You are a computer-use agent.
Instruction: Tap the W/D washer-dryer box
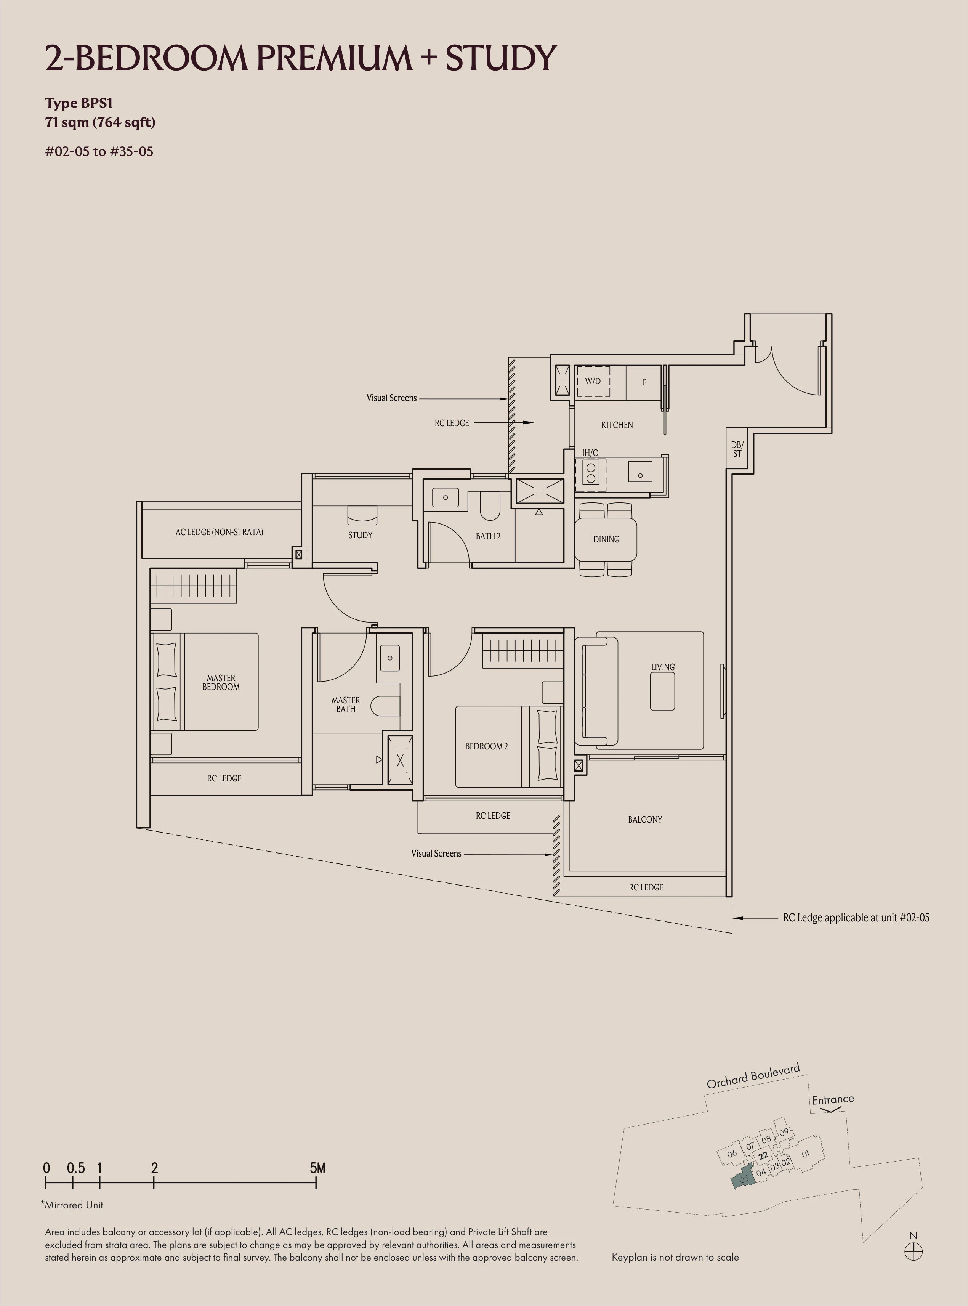point(593,382)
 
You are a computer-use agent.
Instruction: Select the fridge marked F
point(643,382)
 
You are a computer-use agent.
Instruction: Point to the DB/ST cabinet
point(737,449)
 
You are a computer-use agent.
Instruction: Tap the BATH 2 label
point(488,536)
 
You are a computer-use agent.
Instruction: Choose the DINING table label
point(606,539)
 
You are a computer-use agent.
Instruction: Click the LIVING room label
point(663,667)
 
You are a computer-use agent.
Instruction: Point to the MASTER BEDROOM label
point(221,682)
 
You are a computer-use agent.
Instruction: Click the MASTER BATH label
point(346,704)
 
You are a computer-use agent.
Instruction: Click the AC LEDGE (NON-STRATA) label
point(219,532)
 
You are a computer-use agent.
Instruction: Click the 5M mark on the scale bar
point(317,1168)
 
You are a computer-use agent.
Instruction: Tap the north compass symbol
point(914,1251)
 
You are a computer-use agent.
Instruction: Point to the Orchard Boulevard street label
point(753,1076)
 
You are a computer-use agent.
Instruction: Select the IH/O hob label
point(590,452)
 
